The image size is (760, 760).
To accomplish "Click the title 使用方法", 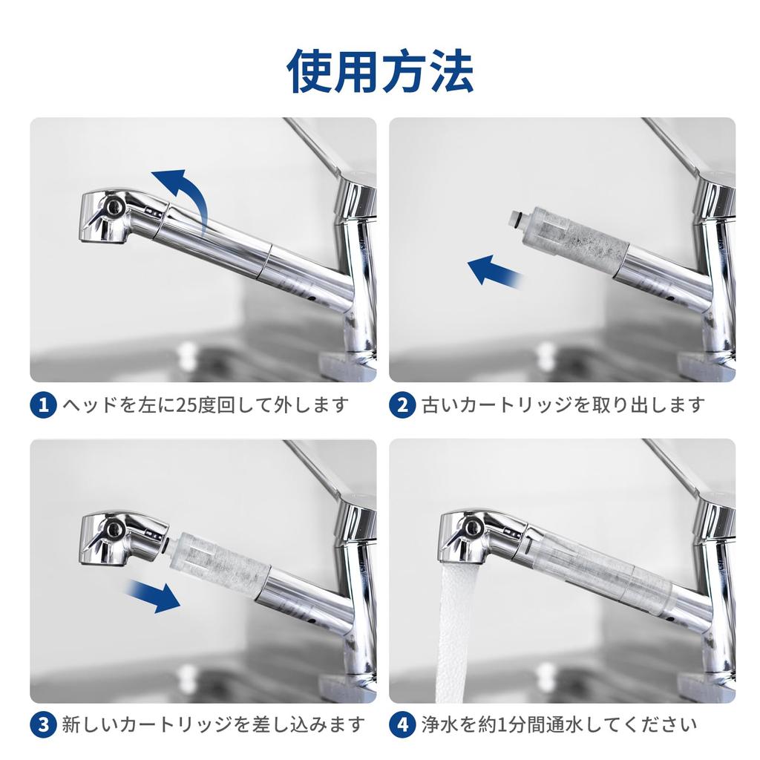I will [380, 71].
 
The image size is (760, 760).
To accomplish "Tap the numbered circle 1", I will [43, 404].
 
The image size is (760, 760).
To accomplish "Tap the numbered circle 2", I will [402, 404].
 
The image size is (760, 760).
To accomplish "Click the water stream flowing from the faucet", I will [455, 631].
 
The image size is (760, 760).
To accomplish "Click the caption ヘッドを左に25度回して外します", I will [205, 405].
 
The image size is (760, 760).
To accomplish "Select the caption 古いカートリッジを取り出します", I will [563, 405].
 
